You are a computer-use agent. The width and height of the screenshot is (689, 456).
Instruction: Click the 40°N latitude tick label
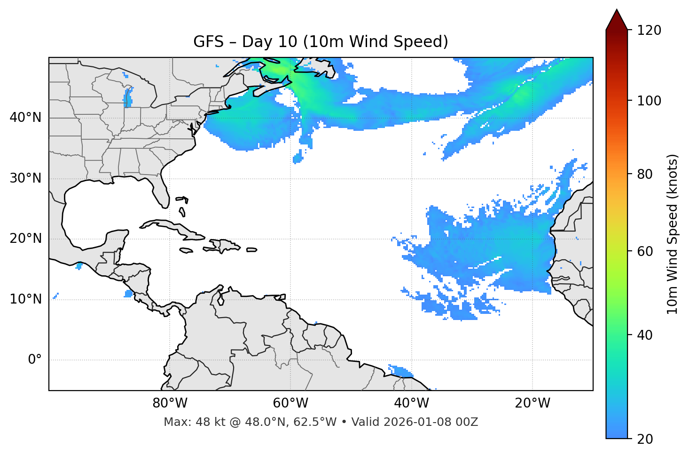[25, 118]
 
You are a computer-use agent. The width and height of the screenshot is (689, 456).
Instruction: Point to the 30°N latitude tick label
[25, 178]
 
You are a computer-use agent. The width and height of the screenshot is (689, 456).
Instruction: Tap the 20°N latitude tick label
[25, 239]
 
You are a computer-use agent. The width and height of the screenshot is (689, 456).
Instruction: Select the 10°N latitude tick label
[25, 299]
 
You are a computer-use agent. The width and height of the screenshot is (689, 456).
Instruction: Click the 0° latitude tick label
[35, 360]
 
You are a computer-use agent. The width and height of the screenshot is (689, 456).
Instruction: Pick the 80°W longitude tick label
[170, 403]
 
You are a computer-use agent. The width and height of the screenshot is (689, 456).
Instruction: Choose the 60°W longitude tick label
[290, 403]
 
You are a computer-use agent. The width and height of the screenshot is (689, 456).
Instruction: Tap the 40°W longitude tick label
[412, 403]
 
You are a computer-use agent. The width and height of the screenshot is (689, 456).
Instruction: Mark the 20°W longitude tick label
[532, 403]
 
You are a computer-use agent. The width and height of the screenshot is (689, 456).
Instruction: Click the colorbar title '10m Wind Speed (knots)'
[673, 234]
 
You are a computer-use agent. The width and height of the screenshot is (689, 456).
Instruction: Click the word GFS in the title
[208, 42]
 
